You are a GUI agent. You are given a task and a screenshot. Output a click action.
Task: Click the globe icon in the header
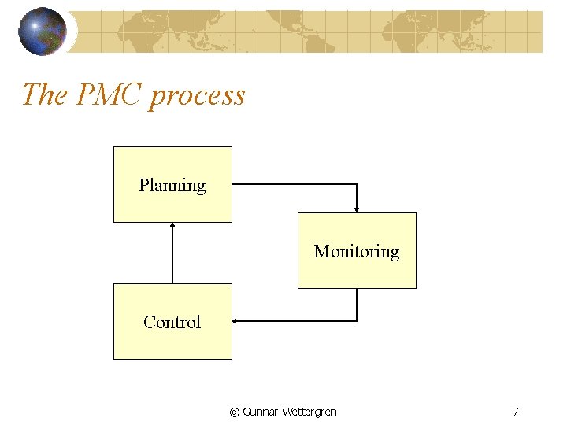coord(43,31)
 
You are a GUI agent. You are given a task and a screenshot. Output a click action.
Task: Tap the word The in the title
coord(45,95)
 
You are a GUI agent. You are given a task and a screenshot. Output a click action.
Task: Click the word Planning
coord(172,186)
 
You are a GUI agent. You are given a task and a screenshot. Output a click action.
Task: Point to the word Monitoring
coord(357,252)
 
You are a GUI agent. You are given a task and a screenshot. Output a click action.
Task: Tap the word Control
coord(172,322)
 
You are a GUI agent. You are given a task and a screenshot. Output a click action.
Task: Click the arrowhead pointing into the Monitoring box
coord(357,209)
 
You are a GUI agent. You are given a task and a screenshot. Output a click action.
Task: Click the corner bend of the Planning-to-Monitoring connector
coord(357,185)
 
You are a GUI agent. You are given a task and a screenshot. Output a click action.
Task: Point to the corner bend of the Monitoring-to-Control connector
coord(357,321)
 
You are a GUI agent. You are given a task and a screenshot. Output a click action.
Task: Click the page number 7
coord(515,412)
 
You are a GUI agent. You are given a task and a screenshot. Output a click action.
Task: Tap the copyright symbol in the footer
coord(234,412)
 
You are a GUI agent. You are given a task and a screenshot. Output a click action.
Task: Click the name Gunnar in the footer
coord(260,412)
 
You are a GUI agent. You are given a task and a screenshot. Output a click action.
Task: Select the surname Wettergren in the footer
coord(309,412)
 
